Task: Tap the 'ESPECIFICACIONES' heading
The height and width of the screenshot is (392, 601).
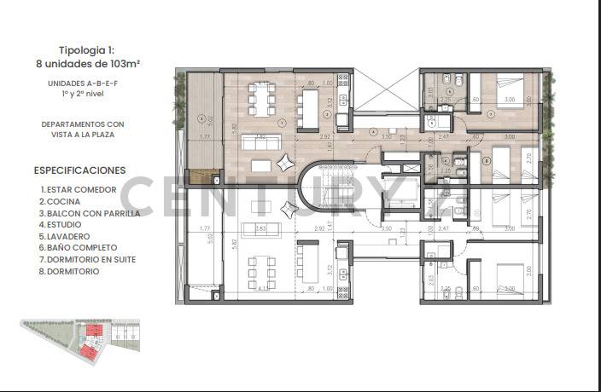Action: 79,170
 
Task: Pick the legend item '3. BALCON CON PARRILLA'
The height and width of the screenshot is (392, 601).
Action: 90,213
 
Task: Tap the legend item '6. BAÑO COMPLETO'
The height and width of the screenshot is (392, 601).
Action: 78,248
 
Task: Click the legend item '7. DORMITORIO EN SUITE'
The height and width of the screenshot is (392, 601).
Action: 87,259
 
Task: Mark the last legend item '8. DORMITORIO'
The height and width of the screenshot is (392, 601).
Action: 70,271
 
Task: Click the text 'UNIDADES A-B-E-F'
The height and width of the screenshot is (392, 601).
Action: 82,83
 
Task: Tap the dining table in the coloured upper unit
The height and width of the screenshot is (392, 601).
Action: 262,98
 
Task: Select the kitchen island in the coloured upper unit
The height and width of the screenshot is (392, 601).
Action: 308,104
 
